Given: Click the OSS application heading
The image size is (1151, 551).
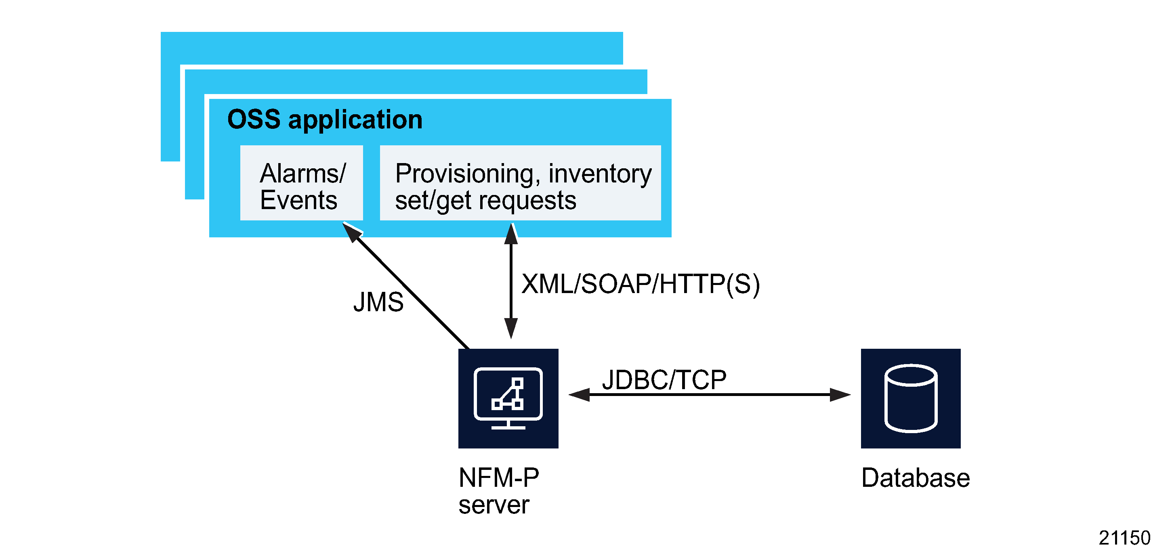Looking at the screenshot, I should point(324,119).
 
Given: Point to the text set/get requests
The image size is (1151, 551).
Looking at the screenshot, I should point(485,200).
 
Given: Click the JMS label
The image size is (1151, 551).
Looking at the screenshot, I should point(378,302).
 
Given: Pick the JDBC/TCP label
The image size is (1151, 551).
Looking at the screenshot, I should point(664,379).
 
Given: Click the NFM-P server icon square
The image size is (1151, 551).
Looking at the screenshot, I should point(508,398).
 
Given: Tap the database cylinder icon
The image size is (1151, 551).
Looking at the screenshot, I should point(911,398).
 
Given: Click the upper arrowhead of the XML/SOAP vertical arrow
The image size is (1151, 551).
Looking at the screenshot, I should point(511,234).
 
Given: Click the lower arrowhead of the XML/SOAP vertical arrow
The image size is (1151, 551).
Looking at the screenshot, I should point(511,329).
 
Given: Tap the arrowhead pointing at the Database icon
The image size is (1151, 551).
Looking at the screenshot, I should point(840,394).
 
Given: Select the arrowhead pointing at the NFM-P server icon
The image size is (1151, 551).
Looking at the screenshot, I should point(579,394).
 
